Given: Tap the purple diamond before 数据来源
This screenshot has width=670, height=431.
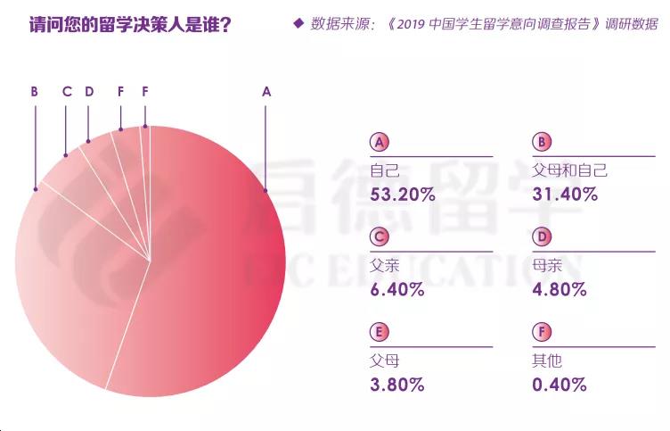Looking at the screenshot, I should point(298,23).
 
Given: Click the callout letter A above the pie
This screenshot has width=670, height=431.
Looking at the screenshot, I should point(266,91).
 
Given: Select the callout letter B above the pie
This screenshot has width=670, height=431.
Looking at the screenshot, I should point(34,91).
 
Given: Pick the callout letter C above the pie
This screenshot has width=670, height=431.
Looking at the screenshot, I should point(67,91).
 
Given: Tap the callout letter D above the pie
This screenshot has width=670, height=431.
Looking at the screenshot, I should point(89,91).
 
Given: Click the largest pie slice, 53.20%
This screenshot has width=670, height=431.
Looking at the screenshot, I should point(214,268).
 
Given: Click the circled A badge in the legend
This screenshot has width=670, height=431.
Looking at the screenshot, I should point(379,143).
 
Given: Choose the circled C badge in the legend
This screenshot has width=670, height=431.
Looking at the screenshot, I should point(379,237).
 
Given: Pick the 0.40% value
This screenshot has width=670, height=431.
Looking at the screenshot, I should point(560,385).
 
